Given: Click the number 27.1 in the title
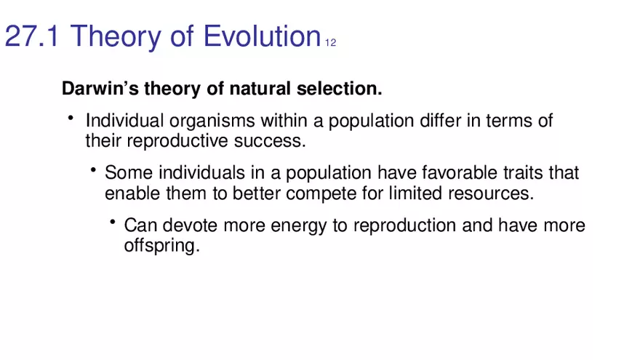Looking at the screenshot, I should [x=33, y=36].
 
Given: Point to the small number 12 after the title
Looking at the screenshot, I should [x=330, y=42].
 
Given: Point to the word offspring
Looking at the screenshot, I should [x=161, y=246].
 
